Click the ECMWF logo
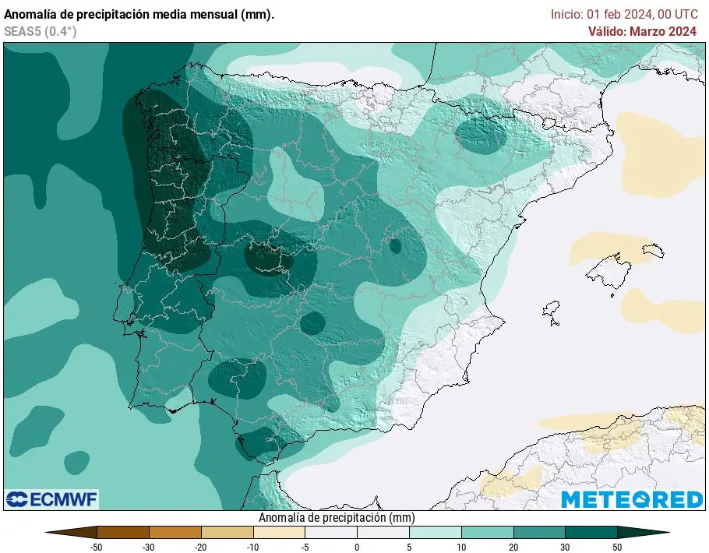(x=52, y=499)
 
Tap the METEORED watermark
(x=632, y=499)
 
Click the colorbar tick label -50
(x=97, y=548)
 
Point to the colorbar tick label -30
(x=148, y=548)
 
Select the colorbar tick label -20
(x=200, y=548)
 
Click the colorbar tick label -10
(x=252, y=548)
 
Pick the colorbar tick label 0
(x=357, y=548)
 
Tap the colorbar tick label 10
(x=461, y=548)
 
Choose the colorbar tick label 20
(x=513, y=548)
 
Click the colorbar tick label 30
(x=566, y=548)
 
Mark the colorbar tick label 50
(x=618, y=548)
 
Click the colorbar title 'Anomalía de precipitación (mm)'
(x=336, y=518)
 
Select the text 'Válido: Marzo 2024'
(x=642, y=31)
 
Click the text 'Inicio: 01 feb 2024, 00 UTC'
(x=623, y=14)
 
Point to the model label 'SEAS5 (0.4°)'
(x=41, y=31)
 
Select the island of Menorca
(x=654, y=250)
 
